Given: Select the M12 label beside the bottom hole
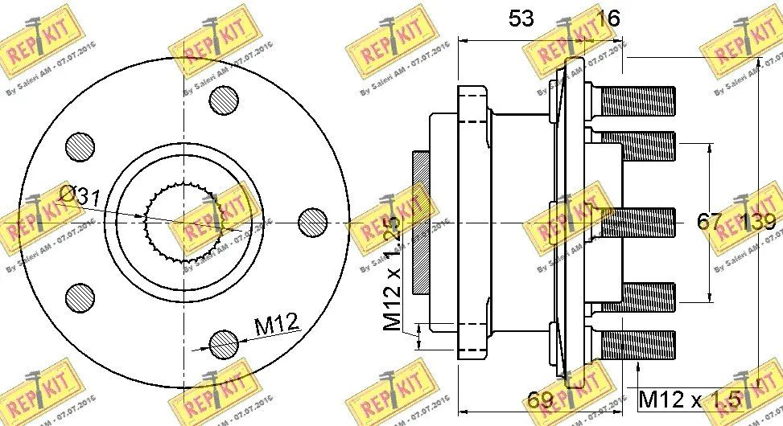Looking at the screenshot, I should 276,325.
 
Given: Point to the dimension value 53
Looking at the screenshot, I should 521,18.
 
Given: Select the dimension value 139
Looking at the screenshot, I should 757,222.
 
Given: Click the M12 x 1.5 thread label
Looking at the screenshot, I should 688,399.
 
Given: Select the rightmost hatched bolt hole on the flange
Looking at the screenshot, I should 312,221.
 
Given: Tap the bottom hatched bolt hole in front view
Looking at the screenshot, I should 223,345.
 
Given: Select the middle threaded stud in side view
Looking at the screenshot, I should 636,223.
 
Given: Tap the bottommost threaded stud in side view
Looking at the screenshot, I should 636,345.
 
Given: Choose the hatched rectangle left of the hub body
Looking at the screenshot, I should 421,223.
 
